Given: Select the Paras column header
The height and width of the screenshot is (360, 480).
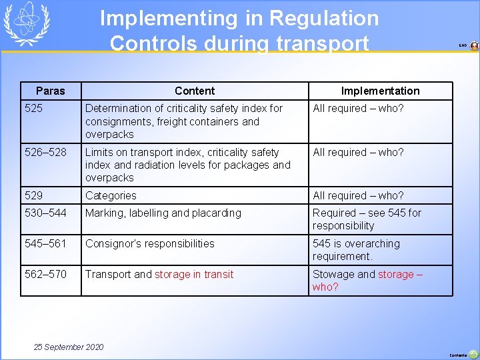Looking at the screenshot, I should tap(51, 91).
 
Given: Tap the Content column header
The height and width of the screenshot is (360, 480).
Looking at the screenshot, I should tap(195, 91).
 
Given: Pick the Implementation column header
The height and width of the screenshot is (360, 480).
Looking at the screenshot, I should tap(380, 91).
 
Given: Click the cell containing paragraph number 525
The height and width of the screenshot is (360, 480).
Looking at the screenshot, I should tap(33, 108).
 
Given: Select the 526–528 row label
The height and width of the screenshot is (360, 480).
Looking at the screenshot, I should tap(45, 152).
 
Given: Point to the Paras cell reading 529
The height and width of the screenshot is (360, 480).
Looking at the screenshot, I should tap(33, 195).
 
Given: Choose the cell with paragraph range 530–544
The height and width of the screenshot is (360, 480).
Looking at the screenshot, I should tap(45, 213).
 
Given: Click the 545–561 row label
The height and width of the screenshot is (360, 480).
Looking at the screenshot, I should tap(45, 243).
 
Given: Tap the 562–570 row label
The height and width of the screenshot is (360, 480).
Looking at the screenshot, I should tap(45, 274).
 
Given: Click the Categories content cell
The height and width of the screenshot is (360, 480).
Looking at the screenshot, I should tap(111, 195).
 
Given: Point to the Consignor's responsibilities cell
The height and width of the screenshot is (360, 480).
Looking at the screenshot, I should tap(150, 243).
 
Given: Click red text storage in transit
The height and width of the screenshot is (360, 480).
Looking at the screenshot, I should tap(194, 274).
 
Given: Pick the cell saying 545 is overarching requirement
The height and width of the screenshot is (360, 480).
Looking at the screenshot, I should tap(356, 249).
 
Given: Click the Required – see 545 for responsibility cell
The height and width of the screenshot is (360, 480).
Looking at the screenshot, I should tap(367, 219).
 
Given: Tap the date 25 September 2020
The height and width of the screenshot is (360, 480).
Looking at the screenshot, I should tap(69, 347).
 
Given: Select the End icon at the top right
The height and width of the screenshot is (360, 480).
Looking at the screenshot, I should tap(473, 46).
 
